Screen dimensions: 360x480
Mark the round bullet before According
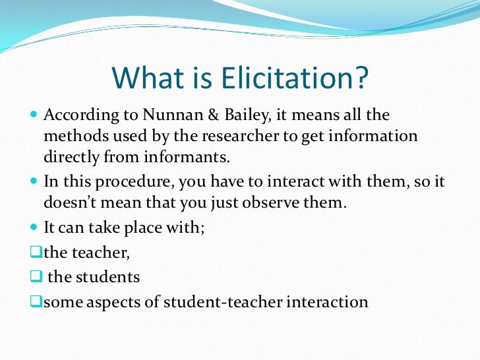pos(36,116)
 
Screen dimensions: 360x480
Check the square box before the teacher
pos(36,251)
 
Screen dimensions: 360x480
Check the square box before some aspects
pos(36,303)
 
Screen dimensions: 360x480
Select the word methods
pos(70,136)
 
